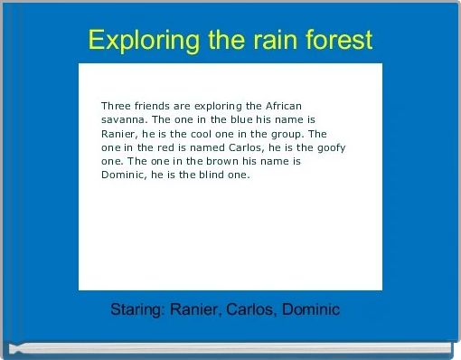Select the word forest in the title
[x=341, y=41]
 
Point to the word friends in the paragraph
[x=160, y=106]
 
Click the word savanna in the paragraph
[x=124, y=119]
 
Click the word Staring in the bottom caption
[x=136, y=310]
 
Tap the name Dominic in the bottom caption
[x=311, y=310]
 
